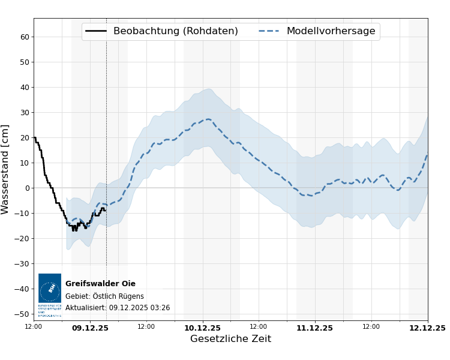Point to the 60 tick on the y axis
[25, 37]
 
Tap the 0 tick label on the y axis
[27, 188]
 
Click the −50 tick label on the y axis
[22, 314]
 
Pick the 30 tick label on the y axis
[25, 112]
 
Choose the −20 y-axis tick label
[22, 238]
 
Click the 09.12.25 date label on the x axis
[90, 328]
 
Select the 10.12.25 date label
[202, 328]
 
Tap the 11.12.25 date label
[314, 328]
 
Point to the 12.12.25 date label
[427, 328]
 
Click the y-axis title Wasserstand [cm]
[5, 169]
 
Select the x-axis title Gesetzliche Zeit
[230, 339]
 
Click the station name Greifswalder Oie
[100, 284]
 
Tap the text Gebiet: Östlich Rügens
[104, 296]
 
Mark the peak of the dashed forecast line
[208, 119]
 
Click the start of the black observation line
[34, 137]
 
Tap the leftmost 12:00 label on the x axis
[34, 327]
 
